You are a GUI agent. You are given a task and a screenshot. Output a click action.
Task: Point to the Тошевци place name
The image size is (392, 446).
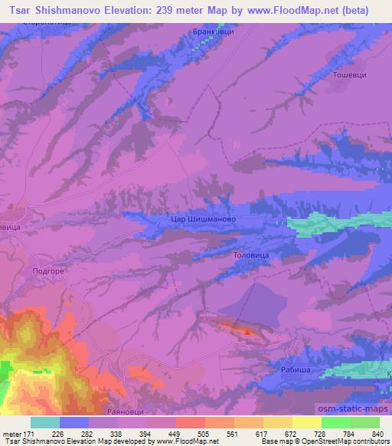point(351,75)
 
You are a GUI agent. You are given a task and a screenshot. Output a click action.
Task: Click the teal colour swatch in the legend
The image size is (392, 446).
point(45,422)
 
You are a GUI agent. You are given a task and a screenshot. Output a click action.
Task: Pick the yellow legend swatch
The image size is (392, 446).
point(307,422)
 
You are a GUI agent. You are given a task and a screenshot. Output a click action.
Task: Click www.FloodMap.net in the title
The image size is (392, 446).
point(283,11)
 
